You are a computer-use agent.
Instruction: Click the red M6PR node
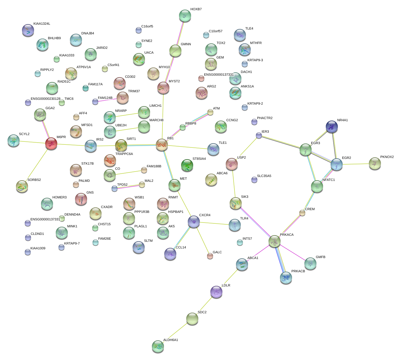pyautogui.click(x=51, y=144)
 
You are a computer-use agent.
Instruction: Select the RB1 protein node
pyautogui.click(x=162, y=145)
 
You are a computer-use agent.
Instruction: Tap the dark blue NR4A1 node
pyautogui.click(x=332, y=127)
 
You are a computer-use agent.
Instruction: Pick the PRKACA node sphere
pyautogui.click(x=275, y=241)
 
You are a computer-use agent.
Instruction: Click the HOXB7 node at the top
pyautogui.click(x=185, y=16)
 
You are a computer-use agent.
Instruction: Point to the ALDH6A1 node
pyautogui.click(x=158, y=346)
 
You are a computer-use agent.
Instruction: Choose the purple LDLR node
pyautogui.click(x=216, y=292)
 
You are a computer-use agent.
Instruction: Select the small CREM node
pyautogui.click(x=302, y=213)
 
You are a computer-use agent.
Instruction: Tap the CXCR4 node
pyautogui.click(x=193, y=222)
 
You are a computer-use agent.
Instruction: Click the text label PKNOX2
pyautogui.click(x=387, y=157)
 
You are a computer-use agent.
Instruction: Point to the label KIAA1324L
pyautogui.click(x=42, y=24)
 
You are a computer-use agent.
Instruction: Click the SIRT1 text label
pyautogui.click(x=131, y=139)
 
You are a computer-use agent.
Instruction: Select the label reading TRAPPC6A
pyautogui.click(x=124, y=154)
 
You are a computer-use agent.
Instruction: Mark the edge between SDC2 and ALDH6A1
pyautogui.click(x=175, y=332)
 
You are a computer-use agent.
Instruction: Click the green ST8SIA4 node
pyautogui.click(x=187, y=165)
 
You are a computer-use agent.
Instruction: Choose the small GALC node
pyautogui.click(x=210, y=256)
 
